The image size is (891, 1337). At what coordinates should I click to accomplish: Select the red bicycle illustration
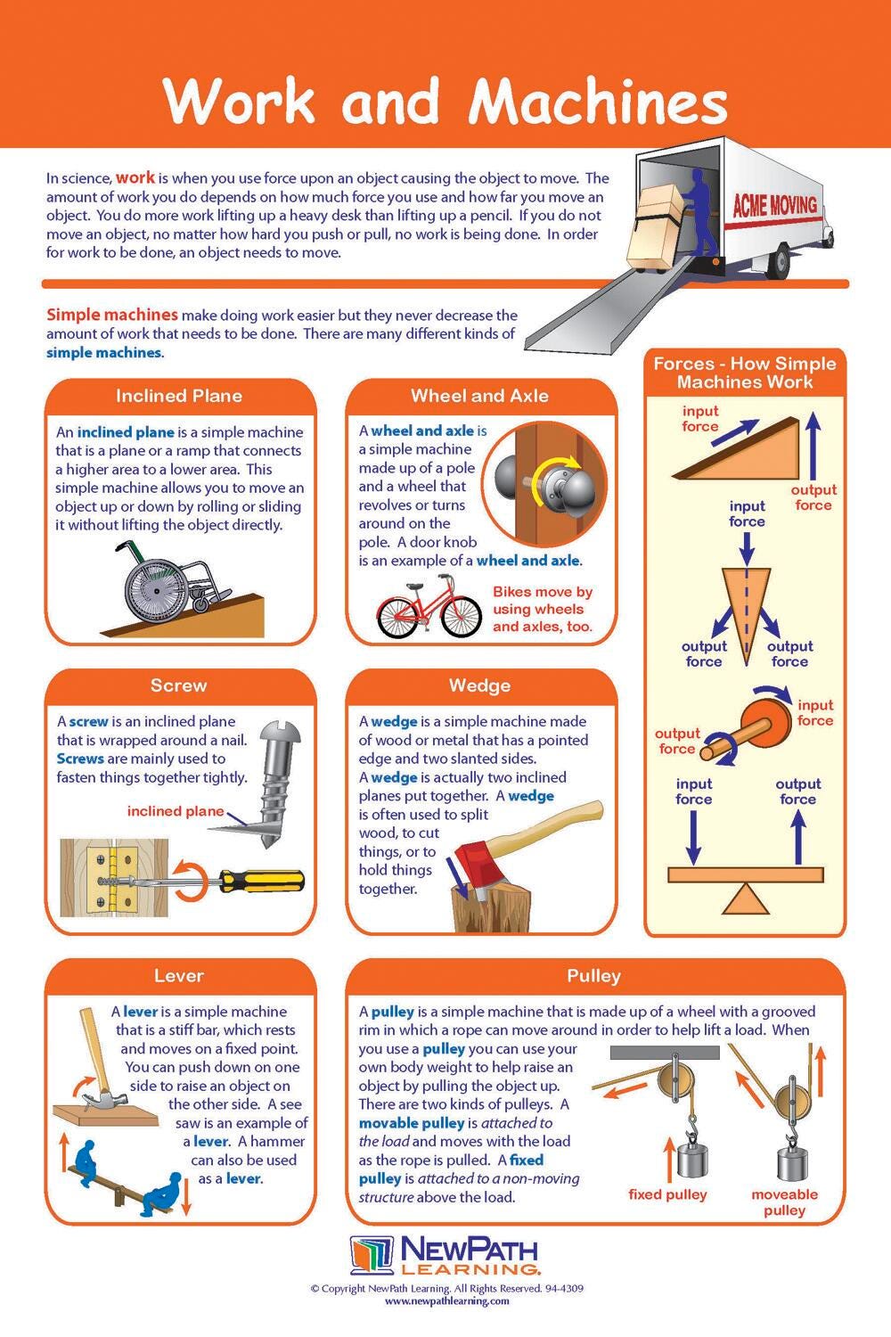coord(429,606)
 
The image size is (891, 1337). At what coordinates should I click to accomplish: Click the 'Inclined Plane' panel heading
coord(179,396)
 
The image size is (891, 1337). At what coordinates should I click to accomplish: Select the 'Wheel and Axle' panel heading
coord(480,396)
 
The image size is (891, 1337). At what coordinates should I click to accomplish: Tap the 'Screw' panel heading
coord(179,685)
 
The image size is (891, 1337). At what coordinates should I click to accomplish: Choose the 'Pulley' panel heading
coord(593,976)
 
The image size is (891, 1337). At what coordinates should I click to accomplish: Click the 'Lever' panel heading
coord(179,976)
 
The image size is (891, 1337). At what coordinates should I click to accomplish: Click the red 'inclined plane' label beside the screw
coord(176,811)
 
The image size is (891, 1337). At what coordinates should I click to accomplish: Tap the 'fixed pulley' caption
coord(667,1194)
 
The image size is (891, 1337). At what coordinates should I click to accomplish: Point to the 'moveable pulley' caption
coord(785,1202)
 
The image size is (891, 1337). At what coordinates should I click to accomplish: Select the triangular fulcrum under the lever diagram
coord(746,898)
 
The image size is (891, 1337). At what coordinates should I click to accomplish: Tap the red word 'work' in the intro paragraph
coord(135,177)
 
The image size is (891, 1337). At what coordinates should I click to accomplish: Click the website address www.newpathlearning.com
coord(447,1300)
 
